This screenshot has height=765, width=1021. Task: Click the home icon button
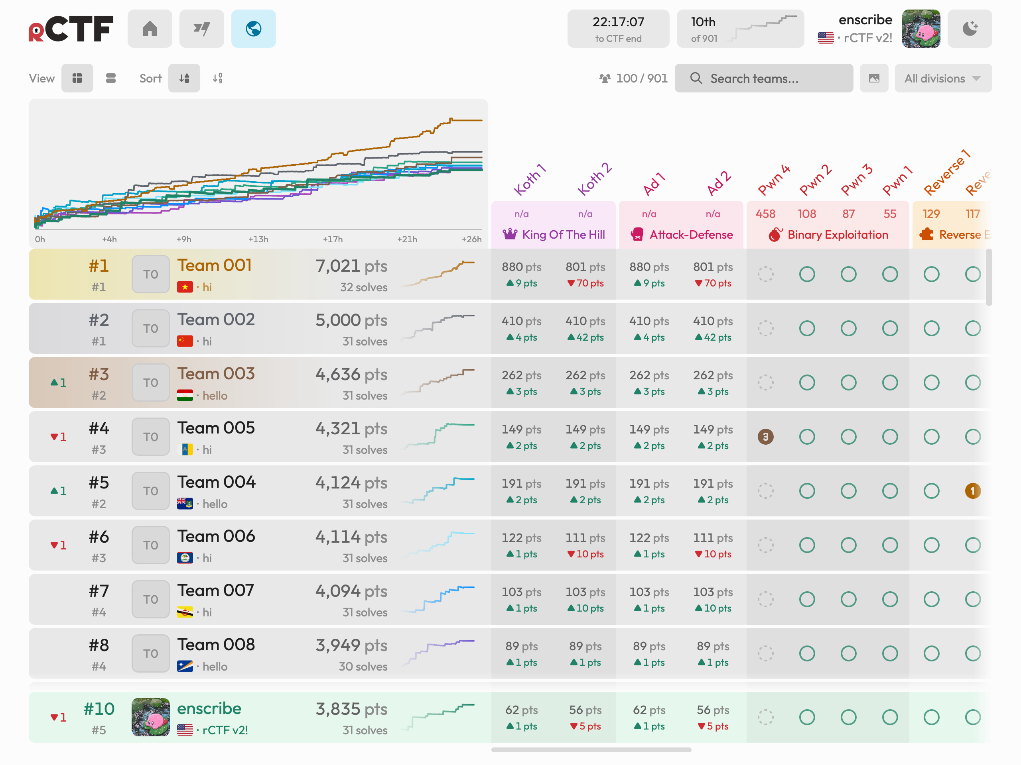point(150,29)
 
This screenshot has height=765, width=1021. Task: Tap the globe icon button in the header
point(253,29)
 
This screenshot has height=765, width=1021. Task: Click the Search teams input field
point(763,78)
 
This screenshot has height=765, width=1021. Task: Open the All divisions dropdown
point(943,78)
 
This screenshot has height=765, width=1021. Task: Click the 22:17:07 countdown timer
point(618,29)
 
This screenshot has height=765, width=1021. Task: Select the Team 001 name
point(215,266)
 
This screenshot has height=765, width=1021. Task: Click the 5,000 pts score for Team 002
point(351,320)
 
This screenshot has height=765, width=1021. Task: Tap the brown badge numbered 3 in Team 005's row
point(765,437)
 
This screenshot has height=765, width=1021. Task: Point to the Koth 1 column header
point(530,179)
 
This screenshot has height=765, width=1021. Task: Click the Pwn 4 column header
point(774,179)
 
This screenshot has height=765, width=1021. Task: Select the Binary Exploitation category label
point(838,235)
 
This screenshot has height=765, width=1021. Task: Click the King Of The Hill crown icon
point(510,234)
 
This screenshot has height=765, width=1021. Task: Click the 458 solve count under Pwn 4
point(765,214)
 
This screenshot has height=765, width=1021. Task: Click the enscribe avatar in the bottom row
point(150,717)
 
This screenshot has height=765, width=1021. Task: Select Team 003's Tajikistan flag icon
point(185,396)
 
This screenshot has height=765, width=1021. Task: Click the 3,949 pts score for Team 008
point(351,645)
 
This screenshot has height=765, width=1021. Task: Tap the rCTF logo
point(71,29)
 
